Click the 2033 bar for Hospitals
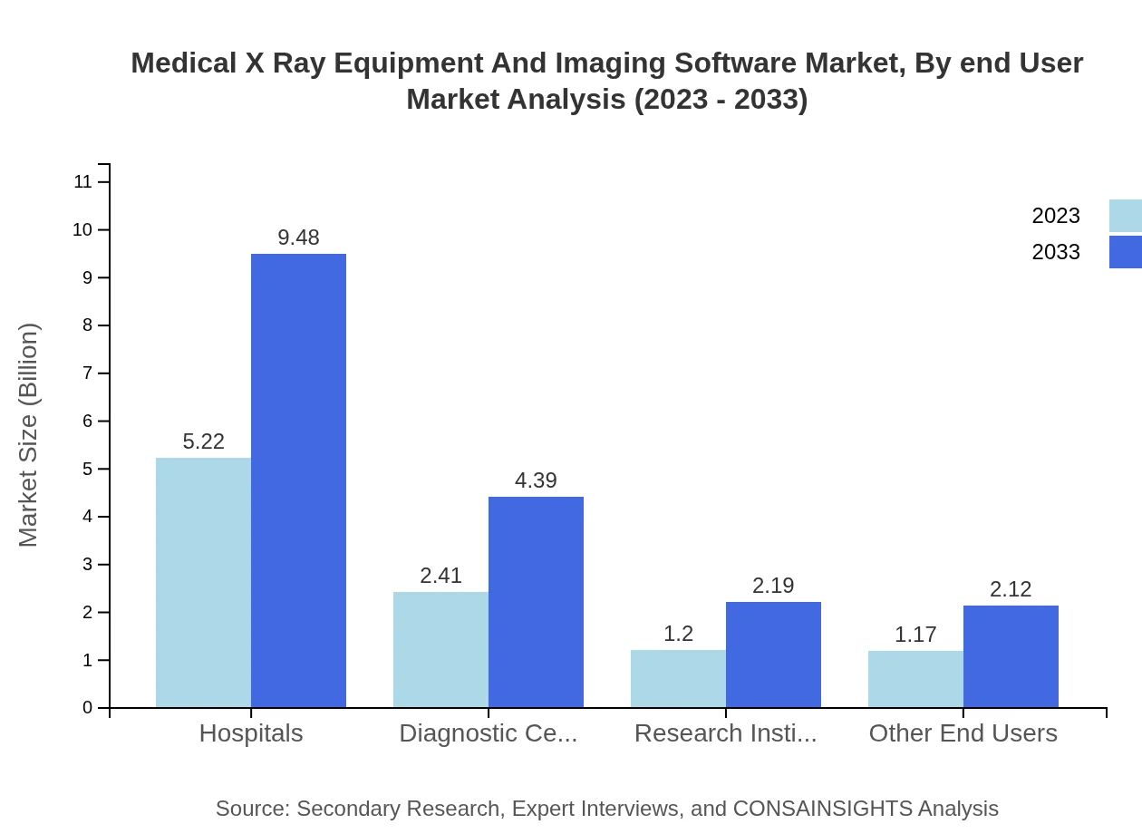click(298, 480)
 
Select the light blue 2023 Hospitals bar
click(203, 582)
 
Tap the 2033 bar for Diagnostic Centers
click(536, 602)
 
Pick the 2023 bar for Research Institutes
click(678, 678)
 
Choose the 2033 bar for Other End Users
click(1011, 656)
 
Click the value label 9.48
click(298, 238)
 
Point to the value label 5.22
click(203, 441)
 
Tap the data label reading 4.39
click(536, 480)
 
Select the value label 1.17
click(915, 635)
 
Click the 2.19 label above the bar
click(773, 586)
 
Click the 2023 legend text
click(1056, 216)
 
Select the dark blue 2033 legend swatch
click(1125, 252)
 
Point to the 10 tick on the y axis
click(83, 230)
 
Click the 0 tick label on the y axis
click(88, 708)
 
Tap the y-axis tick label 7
click(88, 373)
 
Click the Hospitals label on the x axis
click(251, 733)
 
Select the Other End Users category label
click(963, 733)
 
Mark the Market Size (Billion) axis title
click(29, 435)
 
